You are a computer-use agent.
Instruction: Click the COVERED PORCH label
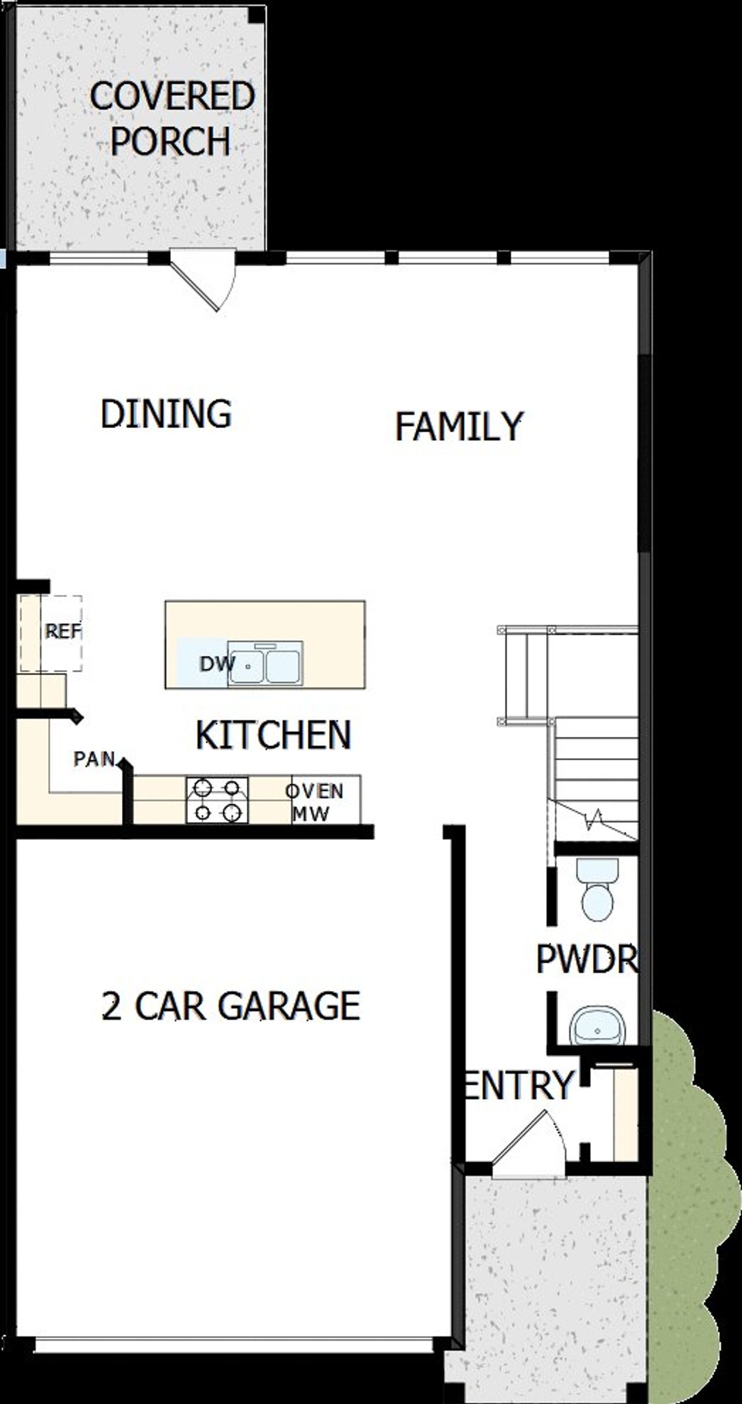tap(172, 118)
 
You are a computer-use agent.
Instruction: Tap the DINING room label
tap(166, 414)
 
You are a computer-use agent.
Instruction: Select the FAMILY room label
tap(459, 426)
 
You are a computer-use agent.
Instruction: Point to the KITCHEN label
tap(274, 734)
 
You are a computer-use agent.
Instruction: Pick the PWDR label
tap(587, 959)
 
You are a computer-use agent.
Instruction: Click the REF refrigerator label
tap(63, 631)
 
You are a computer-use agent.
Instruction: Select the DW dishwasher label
tap(216, 664)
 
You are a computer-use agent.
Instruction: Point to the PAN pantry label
tap(94, 759)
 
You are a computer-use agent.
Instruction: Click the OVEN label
tap(315, 791)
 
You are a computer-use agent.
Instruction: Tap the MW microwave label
tap(311, 813)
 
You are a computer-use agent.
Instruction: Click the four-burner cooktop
tap(217, 801)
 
